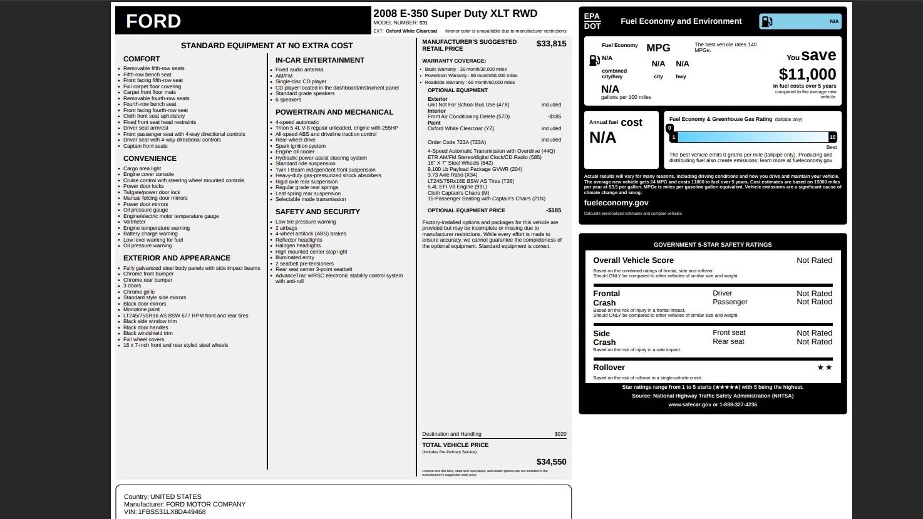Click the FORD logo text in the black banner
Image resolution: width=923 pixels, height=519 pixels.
153,21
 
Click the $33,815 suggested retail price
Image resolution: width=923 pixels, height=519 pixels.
551,44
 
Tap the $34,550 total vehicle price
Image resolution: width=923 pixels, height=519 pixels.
551,462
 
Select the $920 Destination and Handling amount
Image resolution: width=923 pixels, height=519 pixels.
560,434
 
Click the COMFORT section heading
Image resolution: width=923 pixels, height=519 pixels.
142,59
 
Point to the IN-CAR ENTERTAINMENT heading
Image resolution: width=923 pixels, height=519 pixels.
319,60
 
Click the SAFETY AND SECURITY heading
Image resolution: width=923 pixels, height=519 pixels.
317,212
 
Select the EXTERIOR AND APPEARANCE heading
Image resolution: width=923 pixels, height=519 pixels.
177,258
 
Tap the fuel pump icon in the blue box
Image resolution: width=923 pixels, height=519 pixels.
766,21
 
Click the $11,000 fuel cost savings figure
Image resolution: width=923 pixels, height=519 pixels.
807,75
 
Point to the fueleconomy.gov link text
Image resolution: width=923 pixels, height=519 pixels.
616,203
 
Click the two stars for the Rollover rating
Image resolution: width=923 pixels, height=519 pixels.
824,367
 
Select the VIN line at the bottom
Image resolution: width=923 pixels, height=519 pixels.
165,512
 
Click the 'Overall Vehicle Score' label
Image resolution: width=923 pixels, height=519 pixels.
633,260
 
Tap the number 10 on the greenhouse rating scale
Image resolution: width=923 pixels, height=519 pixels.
832,137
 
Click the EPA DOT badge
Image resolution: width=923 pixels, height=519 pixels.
592,21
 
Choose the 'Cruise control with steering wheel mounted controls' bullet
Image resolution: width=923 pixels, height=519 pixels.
183,180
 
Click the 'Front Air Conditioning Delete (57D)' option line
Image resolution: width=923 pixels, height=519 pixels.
468,116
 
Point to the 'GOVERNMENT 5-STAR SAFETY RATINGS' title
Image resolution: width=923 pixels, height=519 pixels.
713,245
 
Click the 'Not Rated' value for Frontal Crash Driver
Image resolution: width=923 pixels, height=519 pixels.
814,294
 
